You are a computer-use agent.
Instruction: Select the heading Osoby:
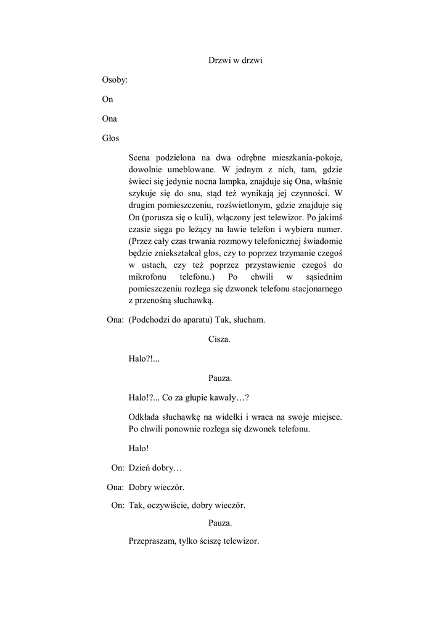click(115, 80)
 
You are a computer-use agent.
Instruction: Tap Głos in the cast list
click(111, 138)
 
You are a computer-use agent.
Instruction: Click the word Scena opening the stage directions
click(142, 158)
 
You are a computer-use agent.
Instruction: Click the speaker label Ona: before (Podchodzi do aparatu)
click(116, 320)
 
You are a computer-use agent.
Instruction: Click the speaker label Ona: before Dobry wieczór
click(116, 486)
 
